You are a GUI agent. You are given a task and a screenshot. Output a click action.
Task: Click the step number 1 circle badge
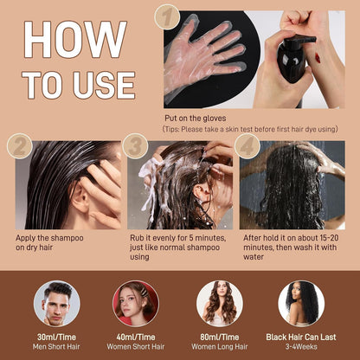[x=167, y=17]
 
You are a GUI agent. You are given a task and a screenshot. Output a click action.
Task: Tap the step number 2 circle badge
[x=20, y=146]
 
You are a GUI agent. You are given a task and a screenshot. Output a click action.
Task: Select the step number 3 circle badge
[x=135, y=146]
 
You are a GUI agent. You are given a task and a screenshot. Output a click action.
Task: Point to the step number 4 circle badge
[x=247, y=146]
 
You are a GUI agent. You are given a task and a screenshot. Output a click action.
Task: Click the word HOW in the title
[x=75, y=40]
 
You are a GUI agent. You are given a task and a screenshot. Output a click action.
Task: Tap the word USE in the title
[x=104, y=85]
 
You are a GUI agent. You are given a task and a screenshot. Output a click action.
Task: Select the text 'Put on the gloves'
[x=196, y=118]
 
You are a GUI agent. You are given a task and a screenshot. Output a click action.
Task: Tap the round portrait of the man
[x=57, y=304]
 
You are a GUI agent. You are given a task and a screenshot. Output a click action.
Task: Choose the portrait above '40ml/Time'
[x=136, y=304]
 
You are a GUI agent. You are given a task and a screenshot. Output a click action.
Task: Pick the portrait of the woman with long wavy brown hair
[x=220, y=304]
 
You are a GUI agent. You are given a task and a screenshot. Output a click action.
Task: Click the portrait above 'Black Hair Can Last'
[x=301, y=304]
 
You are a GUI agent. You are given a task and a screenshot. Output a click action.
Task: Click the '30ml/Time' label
[x=56, y=337]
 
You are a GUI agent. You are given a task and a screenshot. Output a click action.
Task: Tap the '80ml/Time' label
[x=220, y=337]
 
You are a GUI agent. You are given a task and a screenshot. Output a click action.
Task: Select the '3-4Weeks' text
[x=301, y=346]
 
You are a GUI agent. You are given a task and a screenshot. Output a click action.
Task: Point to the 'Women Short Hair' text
[x=136, y=346]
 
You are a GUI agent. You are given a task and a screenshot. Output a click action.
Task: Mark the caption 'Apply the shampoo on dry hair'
[x=49, y=242]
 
